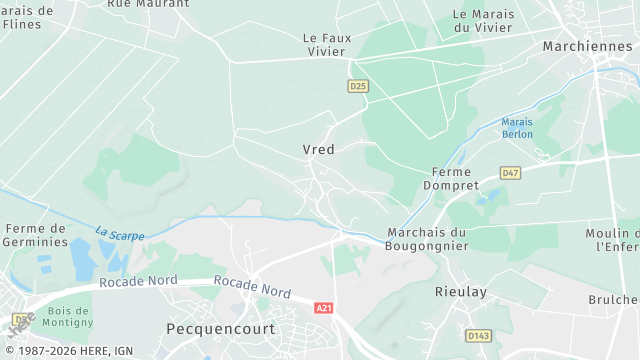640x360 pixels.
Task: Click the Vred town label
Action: [x=318, y=149]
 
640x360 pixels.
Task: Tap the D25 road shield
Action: [x=358, y=87]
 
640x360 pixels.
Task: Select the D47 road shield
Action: [x=510, y=173]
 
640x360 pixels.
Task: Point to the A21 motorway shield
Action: [x=323, y=308]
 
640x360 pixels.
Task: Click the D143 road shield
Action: [x=479, y=335]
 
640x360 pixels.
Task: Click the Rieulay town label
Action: [x=460, y=291]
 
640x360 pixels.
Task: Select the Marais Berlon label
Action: [x=518, y=128]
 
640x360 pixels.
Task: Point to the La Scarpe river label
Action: [x=120, y=234]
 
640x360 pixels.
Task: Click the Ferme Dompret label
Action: [x=452, y=179]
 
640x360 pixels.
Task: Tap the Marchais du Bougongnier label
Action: [x=427, y=240]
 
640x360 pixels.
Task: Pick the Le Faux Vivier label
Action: [x=329, y=44]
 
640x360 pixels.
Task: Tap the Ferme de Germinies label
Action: [x=35, y=235]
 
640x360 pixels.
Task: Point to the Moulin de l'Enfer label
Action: [x=613, y=239]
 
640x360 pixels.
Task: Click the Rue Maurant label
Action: [x=147, y=4]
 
